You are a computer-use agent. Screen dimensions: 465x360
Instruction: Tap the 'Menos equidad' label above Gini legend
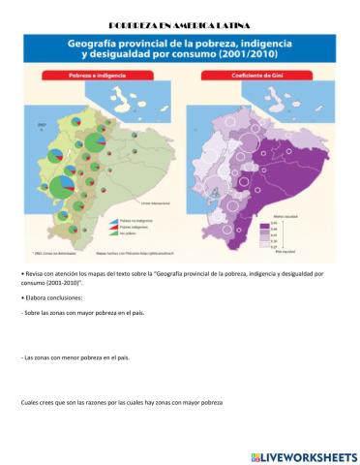click(273, 216)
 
